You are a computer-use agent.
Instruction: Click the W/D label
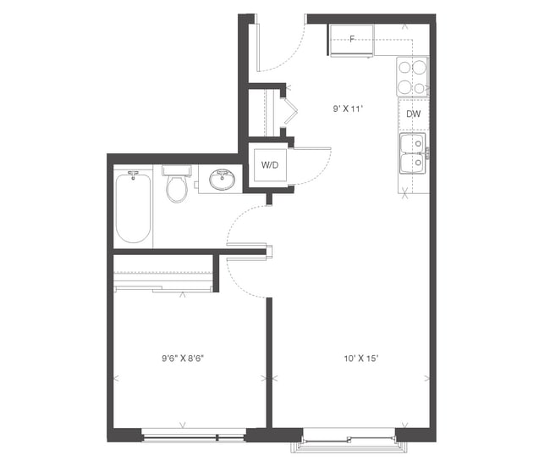pyautogui.click(x=272, y=164)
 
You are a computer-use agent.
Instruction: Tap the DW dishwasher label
pyautogui.click(x=413, y=114)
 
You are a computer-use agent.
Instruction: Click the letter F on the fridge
pyautogui.click(x=352, y=39)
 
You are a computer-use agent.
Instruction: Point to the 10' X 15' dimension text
pyautogui.click(x=360, y=358)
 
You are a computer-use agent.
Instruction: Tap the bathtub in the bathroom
pyautogui.click(x=133, y=207)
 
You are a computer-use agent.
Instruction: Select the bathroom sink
pyautogui.click(x=223, y=180)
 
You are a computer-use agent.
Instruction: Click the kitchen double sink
pyautogui.click(x=414, y=152)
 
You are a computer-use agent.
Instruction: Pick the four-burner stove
pyautogui.click(x=412, y=77)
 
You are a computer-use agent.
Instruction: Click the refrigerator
pyautogui.click(x=352, y=42)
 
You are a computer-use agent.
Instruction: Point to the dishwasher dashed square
pyautogui.click(x=413, y=114)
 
